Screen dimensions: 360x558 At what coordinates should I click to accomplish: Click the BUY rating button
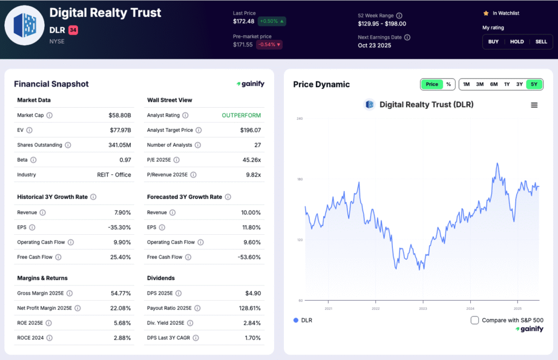(493, 41)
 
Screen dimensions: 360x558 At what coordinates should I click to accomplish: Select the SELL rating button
(541, 41)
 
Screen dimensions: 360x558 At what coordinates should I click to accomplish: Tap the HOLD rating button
(517, 41)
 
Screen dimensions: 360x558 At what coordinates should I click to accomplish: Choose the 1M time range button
(466, 84)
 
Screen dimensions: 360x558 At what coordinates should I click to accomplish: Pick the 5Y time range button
(534, 84)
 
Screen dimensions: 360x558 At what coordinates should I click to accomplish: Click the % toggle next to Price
(448, 84)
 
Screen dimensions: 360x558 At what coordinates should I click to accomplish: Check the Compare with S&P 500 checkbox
(475, 320)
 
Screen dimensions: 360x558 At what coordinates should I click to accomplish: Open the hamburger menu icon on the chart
(534, 105)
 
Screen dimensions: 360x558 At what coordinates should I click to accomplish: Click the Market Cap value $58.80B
(120, 115)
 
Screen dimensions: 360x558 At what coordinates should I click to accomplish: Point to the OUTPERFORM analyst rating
(241, 115)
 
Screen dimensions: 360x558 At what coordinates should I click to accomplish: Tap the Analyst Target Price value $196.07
(250, 130)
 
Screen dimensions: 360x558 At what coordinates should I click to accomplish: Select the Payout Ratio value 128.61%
(249, 308)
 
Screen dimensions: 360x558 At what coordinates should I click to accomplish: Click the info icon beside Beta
(34, 160)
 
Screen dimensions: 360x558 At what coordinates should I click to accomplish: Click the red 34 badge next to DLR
(73, 30)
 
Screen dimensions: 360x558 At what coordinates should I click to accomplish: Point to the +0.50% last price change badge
(272, 21)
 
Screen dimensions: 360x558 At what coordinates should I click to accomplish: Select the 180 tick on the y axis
(299, 179)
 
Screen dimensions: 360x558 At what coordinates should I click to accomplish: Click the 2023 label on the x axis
(423, 308)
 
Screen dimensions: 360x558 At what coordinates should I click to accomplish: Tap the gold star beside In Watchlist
(486, 13)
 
